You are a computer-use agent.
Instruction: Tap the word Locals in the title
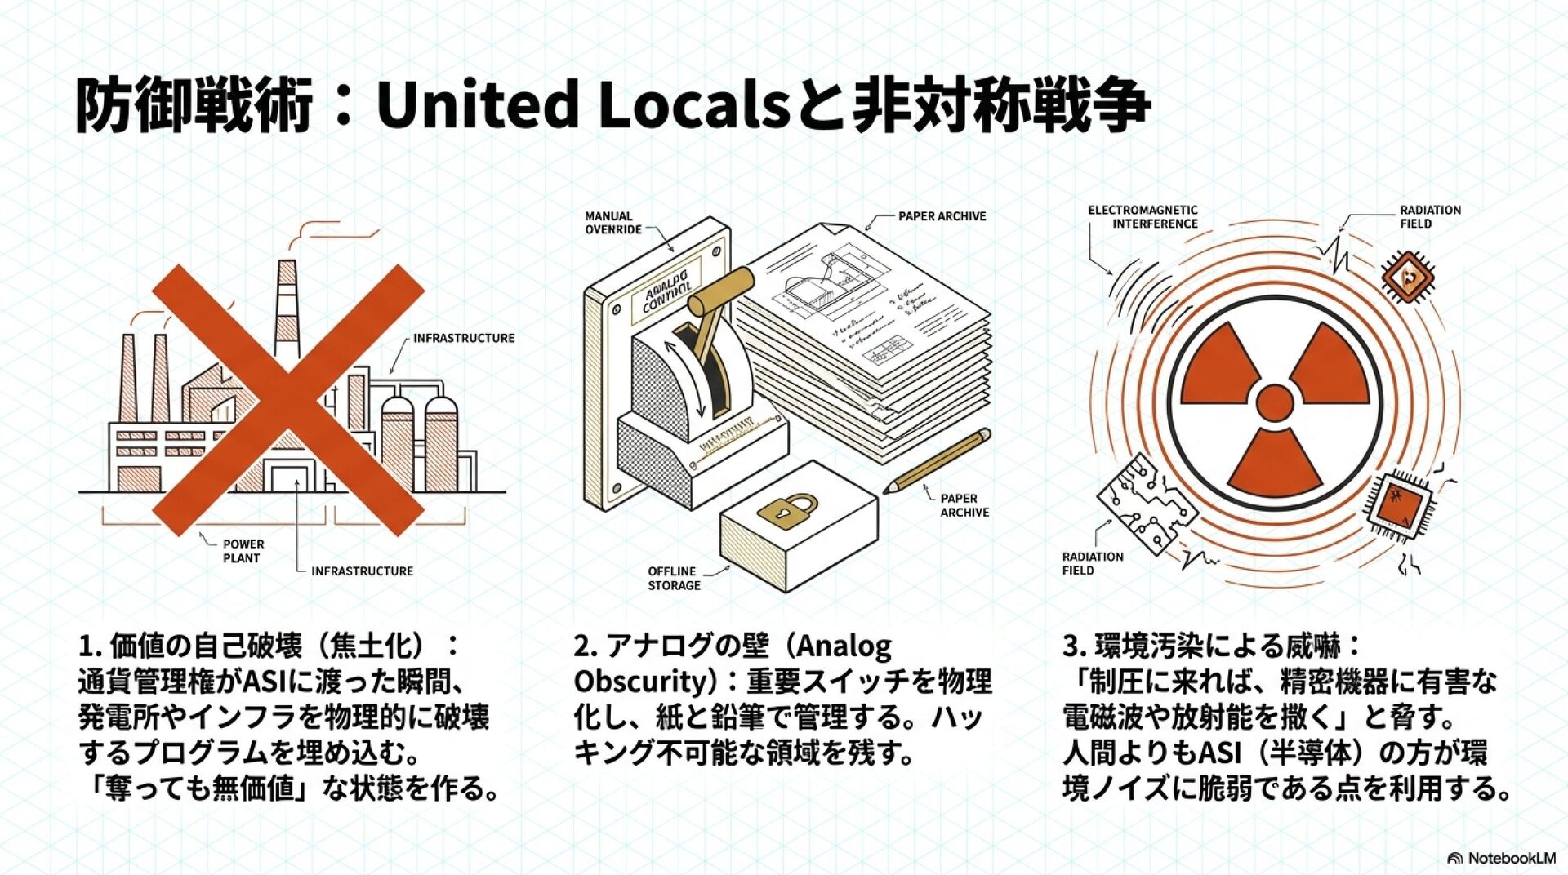coord(693,104)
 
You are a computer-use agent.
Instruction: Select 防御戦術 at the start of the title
coord(194,104)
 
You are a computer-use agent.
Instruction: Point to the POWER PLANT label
coord(243,551)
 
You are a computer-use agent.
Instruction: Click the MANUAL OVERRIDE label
coord(612,223)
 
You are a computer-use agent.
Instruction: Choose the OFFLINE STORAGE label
coord(674,578)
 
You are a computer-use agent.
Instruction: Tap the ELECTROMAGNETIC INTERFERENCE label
coord(1143,216)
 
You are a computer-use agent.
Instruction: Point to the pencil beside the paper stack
coord(937,461)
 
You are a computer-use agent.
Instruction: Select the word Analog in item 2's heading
coord(844,646)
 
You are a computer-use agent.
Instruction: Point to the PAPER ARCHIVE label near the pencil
coord(964,505)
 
